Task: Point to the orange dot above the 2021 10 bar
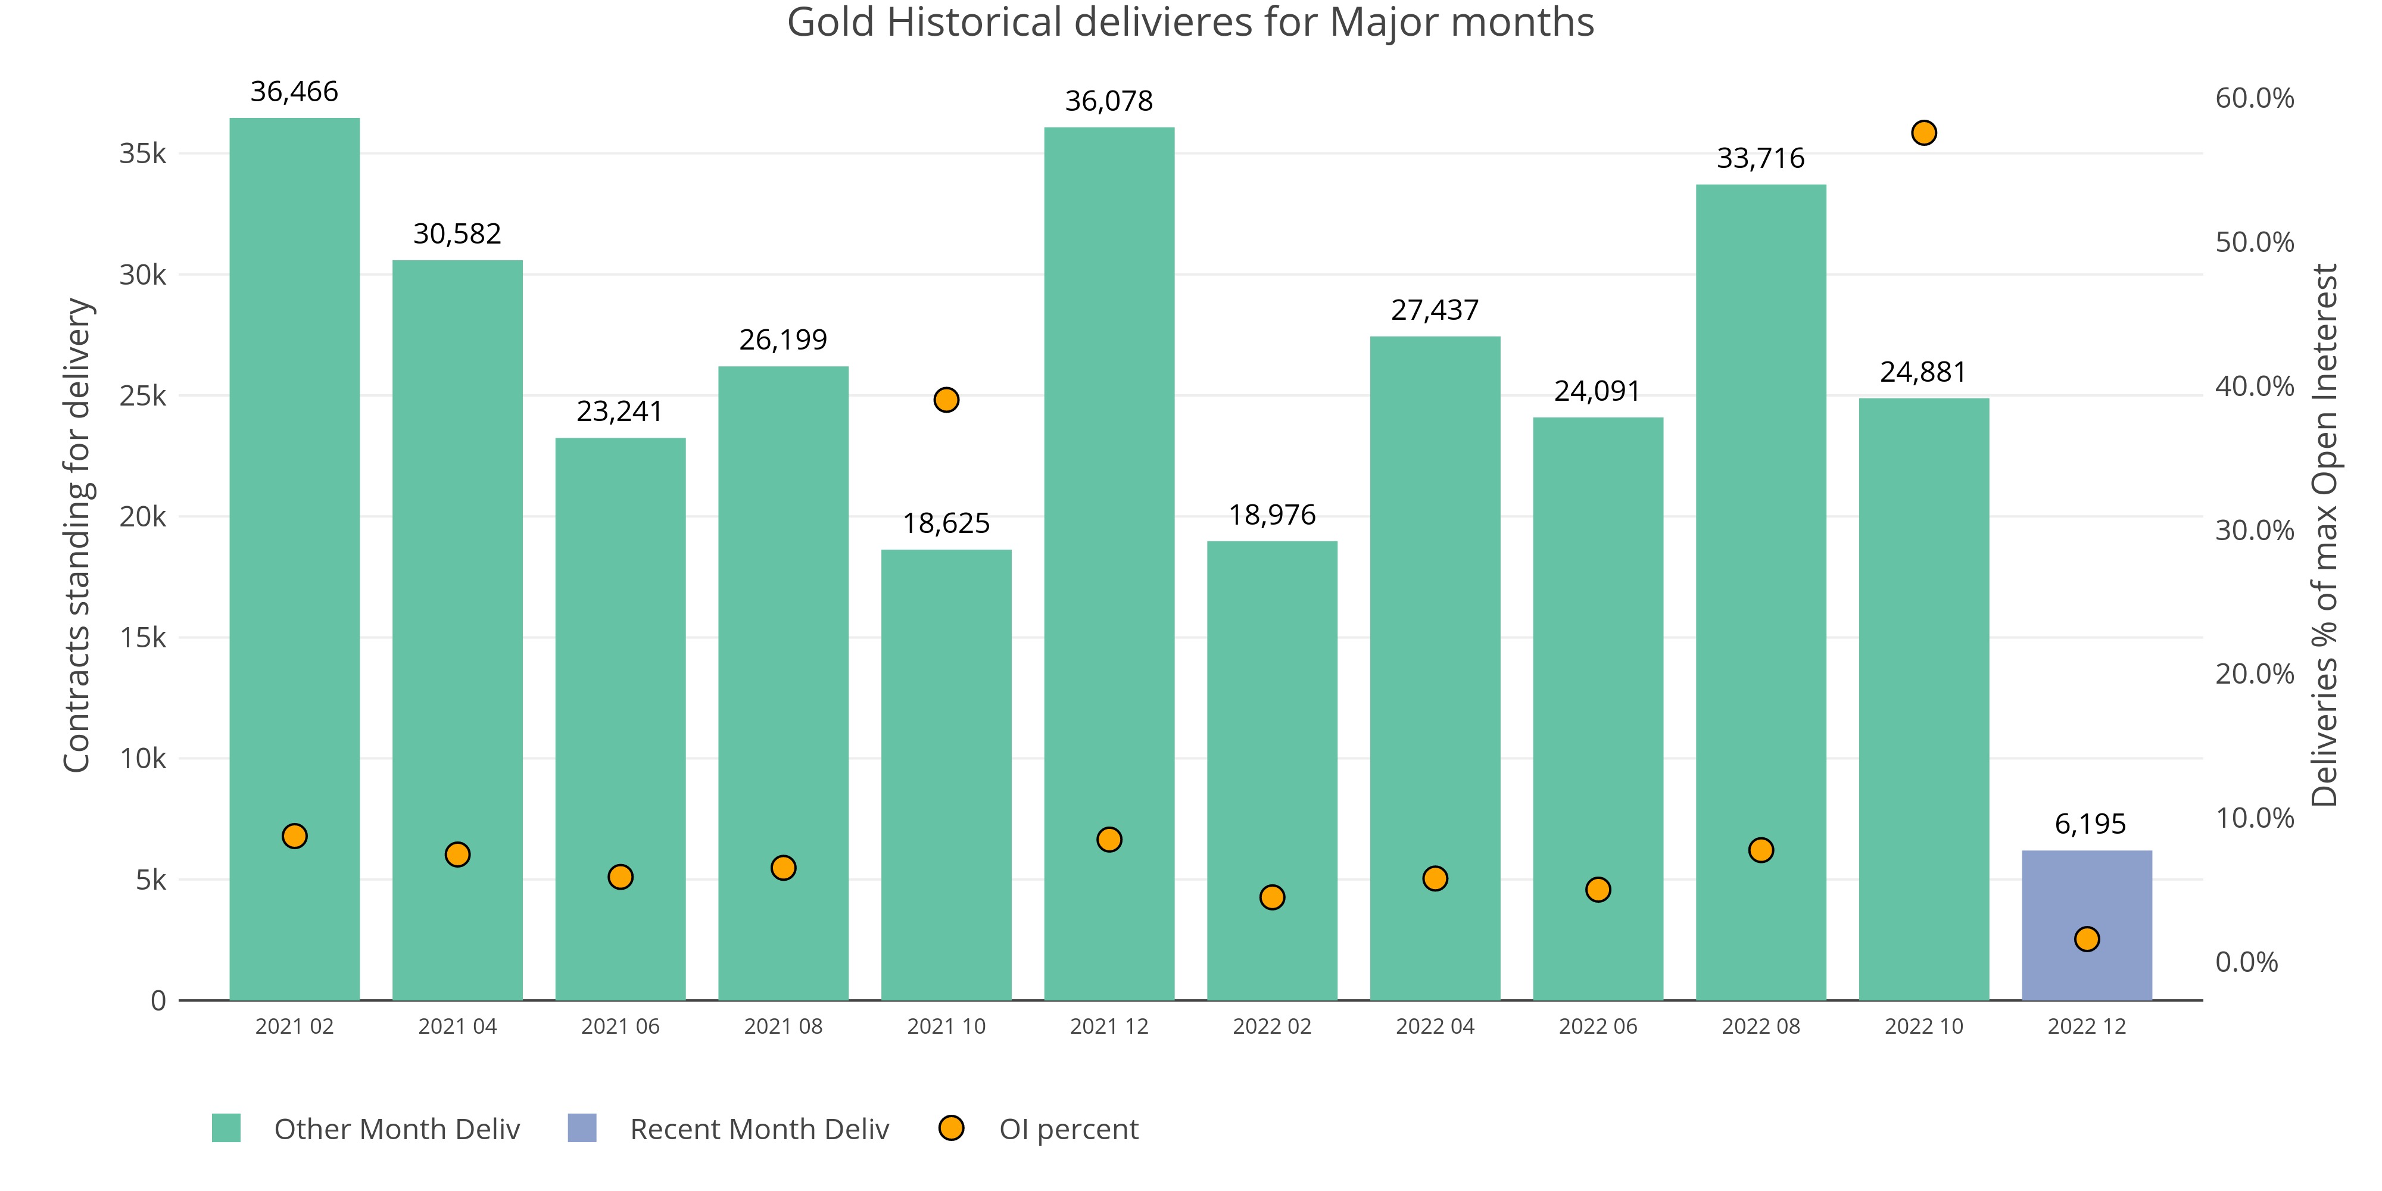(946, 400)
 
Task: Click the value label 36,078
(1109, 101)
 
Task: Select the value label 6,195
(2090, 824)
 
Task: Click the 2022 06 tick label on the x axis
(1598, 1027)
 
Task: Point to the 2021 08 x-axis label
(783, 1027)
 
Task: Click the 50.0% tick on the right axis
(2255, 242)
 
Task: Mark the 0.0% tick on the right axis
(2247, 962)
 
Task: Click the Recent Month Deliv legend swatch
(582, 1128)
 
